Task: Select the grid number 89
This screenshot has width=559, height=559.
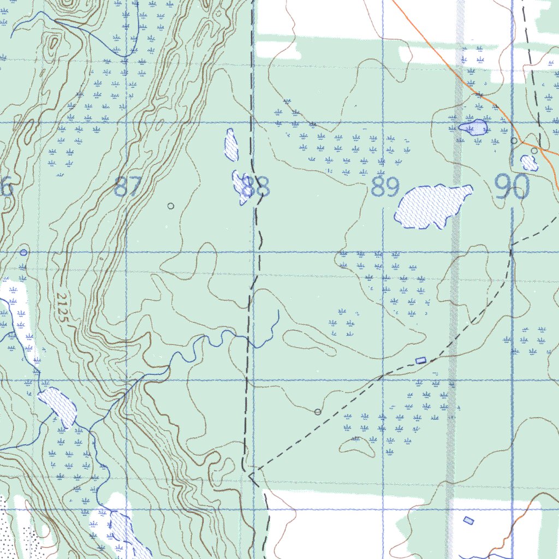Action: pyautogui.click(x=385, y=187)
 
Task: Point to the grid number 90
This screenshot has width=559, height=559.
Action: pyautogui.click(x=513, y=187)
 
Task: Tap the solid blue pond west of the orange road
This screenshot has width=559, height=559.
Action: pyautogui.click(x=474, y=128)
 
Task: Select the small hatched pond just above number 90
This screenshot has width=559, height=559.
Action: pyautogui.click(x=528, y=163)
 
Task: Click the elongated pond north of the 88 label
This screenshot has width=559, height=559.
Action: pyautogui.click(x=231, y=145)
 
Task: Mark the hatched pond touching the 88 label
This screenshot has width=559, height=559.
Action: pyautogui.click(x=240, y=187)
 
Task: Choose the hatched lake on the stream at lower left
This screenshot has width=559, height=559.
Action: pyautogui.click(x=57, y=406)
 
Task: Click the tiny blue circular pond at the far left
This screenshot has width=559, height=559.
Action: pyautogui.click(x=23, y=252)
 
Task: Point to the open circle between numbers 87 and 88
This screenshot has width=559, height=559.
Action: pyautogui.click(x=170, y=206)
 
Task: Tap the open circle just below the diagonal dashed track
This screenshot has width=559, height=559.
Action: pyautogui.click(x=318, y=412)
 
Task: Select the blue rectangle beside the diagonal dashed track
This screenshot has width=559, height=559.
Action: pyautogui.click(x=420, y=360)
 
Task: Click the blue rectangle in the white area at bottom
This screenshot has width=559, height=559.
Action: pyautogui.click(x=468, y=520)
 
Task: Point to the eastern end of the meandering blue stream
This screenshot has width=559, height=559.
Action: pyautogui.click(x=278, y=311)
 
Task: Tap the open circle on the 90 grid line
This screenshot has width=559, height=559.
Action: pyautogui.click(x=514, y=140)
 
